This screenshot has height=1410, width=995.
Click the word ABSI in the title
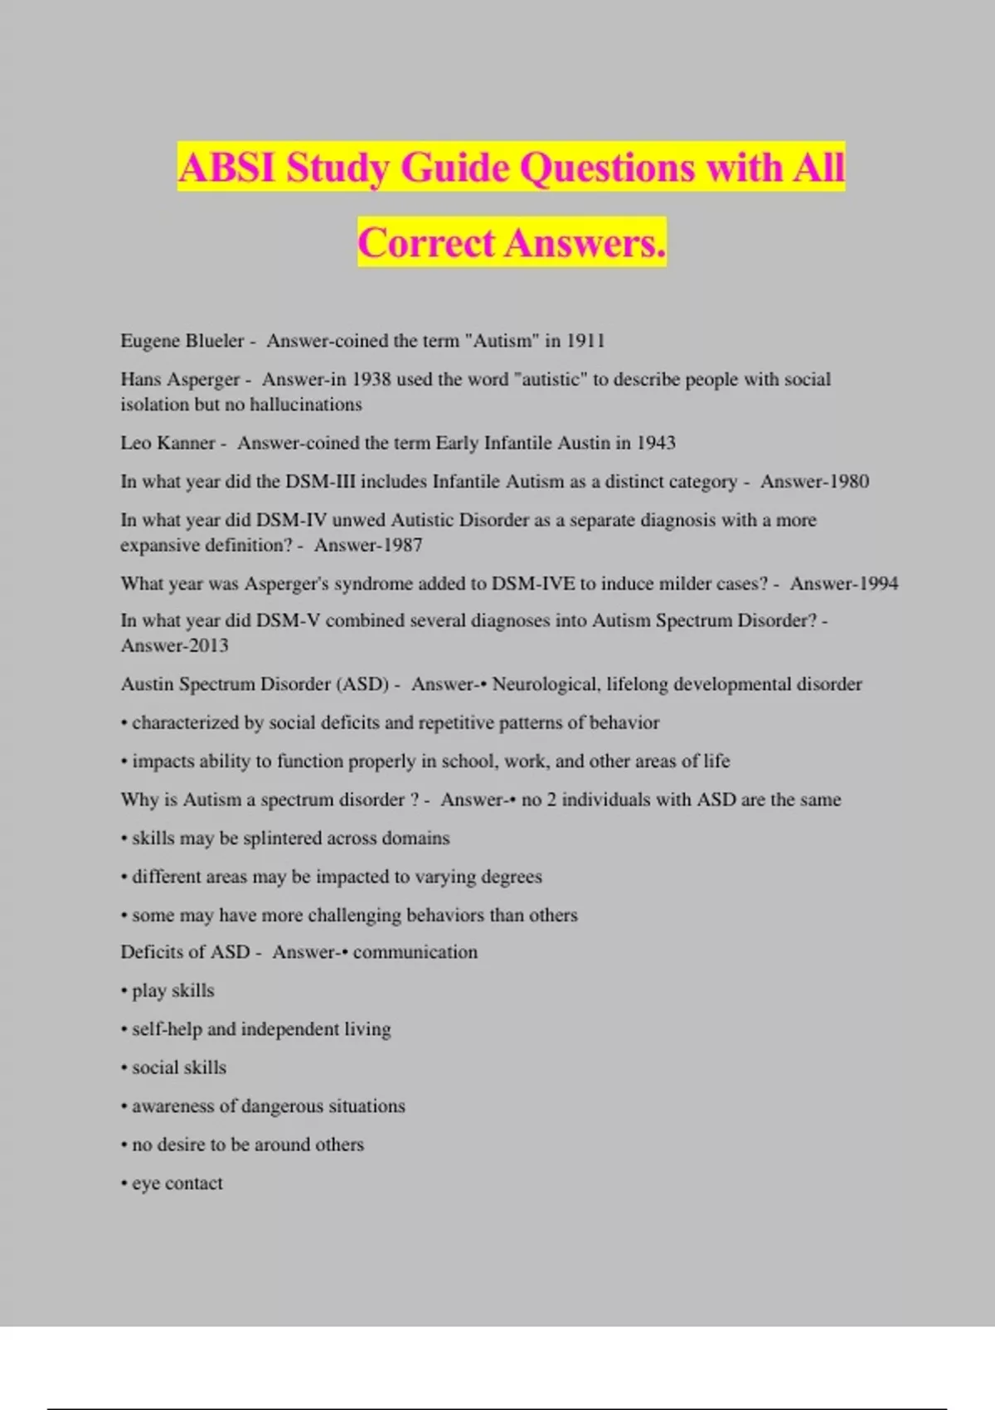coord(226,167)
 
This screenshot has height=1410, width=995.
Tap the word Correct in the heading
coord(426,243)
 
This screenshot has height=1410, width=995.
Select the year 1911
coord(585,341)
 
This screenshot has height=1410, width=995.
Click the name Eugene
coord(148,341)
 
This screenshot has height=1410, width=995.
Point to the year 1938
coord(371,379)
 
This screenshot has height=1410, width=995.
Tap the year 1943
coord(656,443)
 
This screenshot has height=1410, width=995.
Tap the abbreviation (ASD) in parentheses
coord(362,684)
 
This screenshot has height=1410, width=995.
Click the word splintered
coord(281,839)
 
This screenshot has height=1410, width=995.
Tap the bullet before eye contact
coord(124,1184)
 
